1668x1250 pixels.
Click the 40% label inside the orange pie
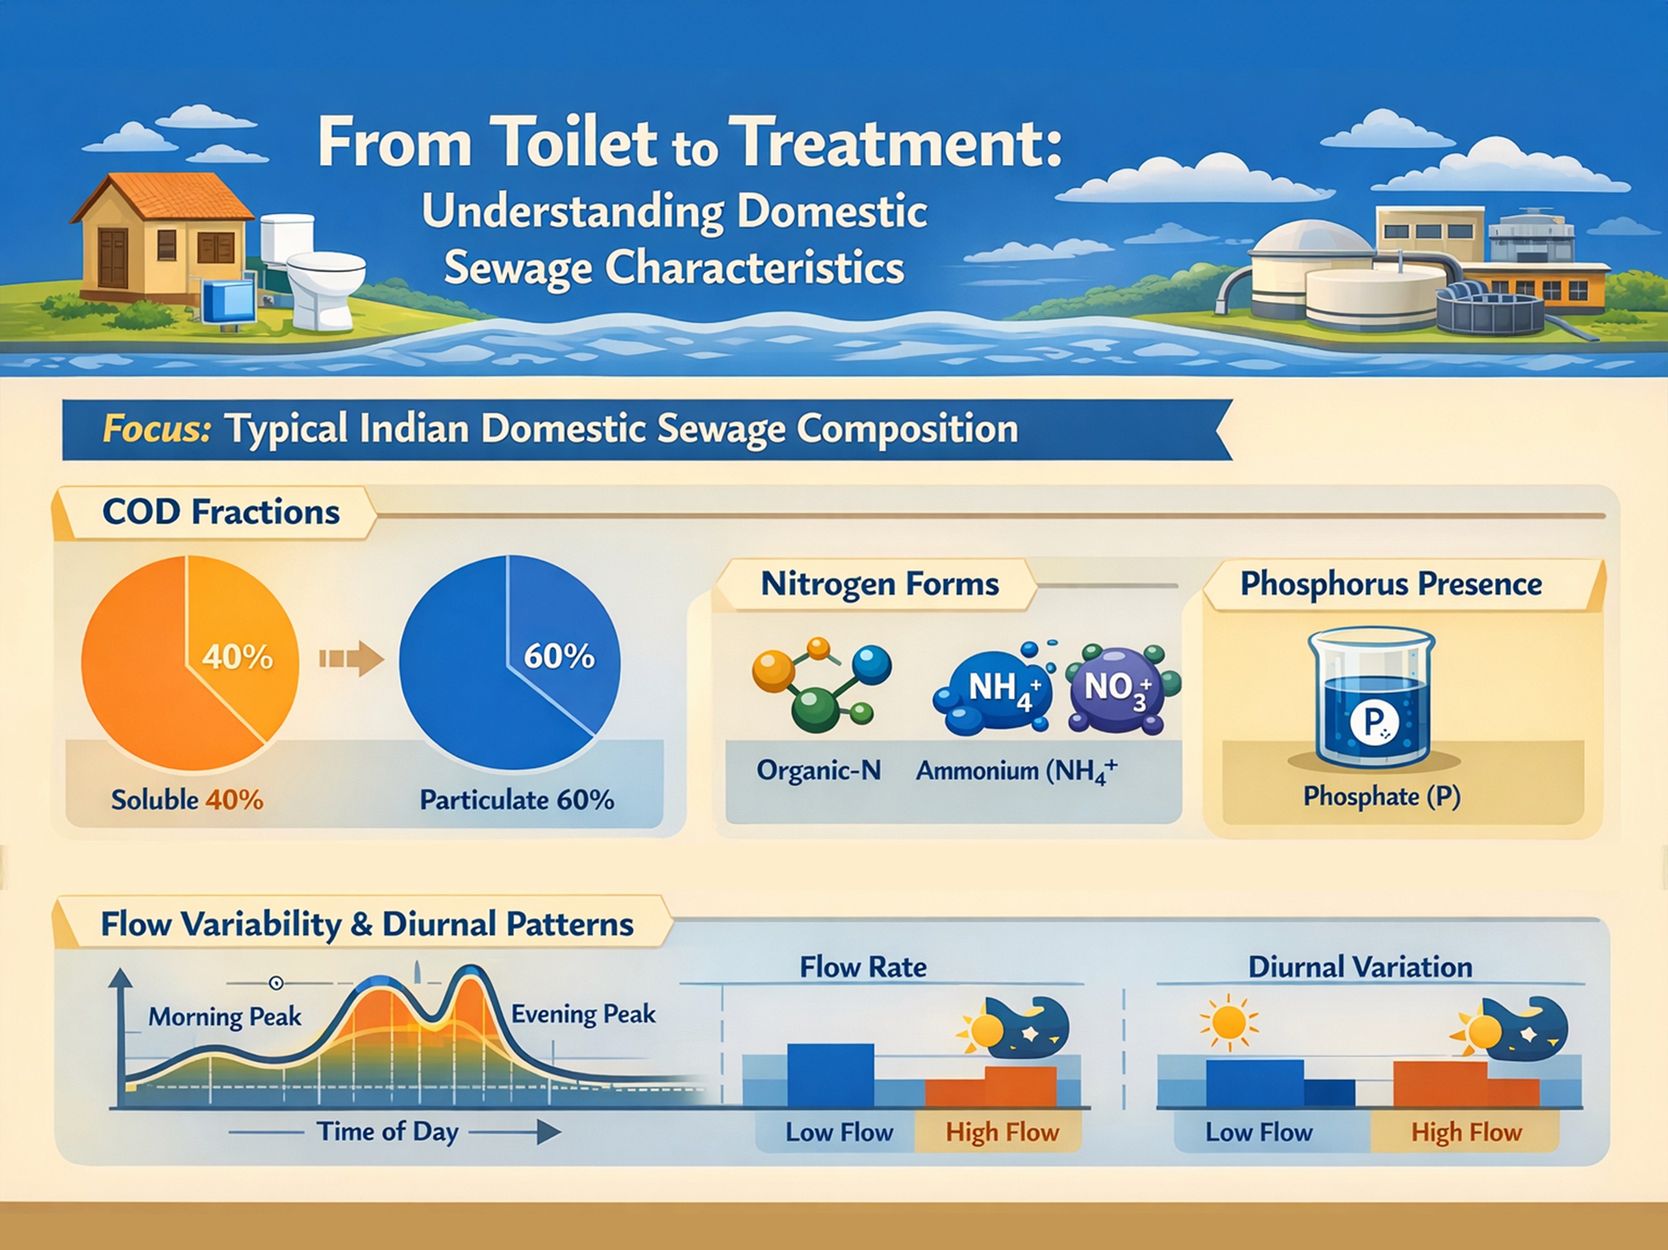(x=237, y=658)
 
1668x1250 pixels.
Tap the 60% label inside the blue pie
(x=559, y=656)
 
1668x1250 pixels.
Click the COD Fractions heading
(x=220, y=512)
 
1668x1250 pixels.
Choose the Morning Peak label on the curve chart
(x=225, y=1017)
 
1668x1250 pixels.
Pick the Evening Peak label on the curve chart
(x=583, y=1014)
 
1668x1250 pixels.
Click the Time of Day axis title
(x=387, y=1132)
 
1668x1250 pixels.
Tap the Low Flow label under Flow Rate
(x=838, y=1132)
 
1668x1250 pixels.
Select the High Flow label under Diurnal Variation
(x=1466, y=1132)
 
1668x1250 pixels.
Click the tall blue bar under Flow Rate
(x=830, y=1075)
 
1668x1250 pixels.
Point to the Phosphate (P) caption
(x=1382, y=796)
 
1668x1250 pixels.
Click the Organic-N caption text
(x=818, y=770)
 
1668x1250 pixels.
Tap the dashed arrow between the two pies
(x=350, y=658)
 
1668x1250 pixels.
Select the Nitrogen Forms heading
(x=879, y=584)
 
